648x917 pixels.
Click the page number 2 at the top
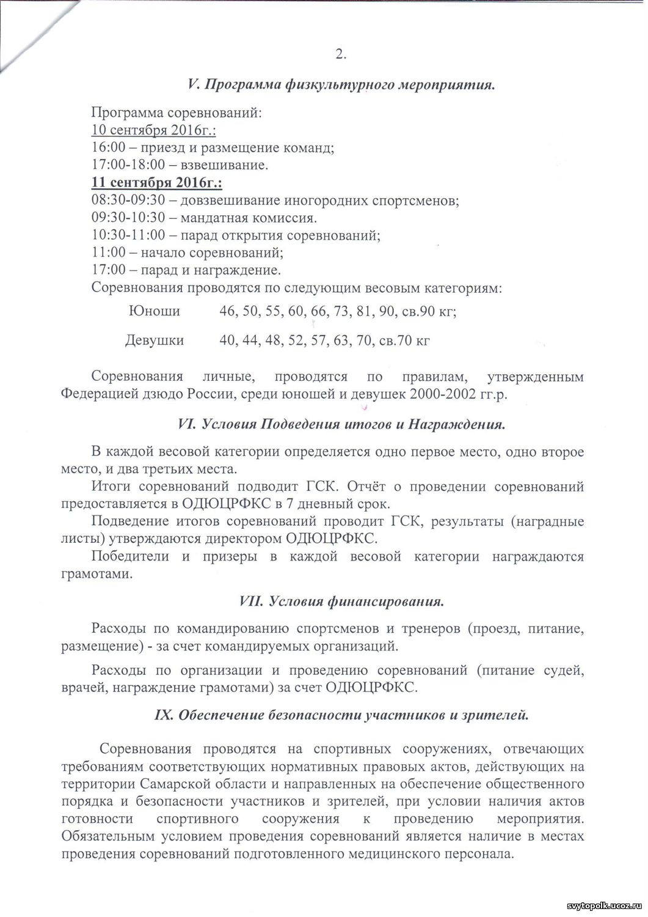pyautogui.click(x=341, y=54)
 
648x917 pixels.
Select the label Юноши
pyautogui.click(x=155, y=311)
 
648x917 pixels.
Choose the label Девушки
pyautogui.click(x=155, y=340)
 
